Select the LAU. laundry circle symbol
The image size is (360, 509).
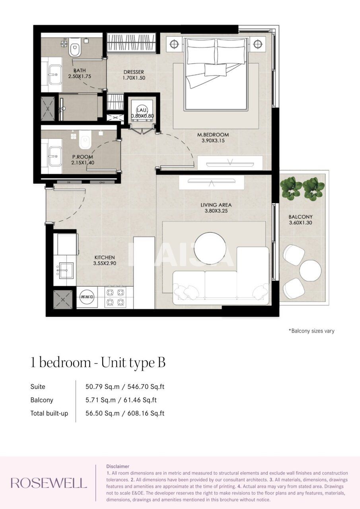(x=142, y=109)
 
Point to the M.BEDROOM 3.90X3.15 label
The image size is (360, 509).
(x=213, y=138)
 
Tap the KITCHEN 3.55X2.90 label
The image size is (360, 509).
(x=104, y=260)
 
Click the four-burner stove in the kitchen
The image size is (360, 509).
(x=115, y=297)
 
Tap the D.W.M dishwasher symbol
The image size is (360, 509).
(x=87, y=297)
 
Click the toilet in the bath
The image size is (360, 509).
(x=74, y=49)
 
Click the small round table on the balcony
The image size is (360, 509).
(x=310, y=271)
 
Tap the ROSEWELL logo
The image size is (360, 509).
(x=49, y=483)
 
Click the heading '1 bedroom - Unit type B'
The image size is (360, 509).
(x=98, y=363)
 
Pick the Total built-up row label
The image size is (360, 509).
(x=49, y=413)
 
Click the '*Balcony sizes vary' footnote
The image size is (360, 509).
(x=311, y=331)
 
